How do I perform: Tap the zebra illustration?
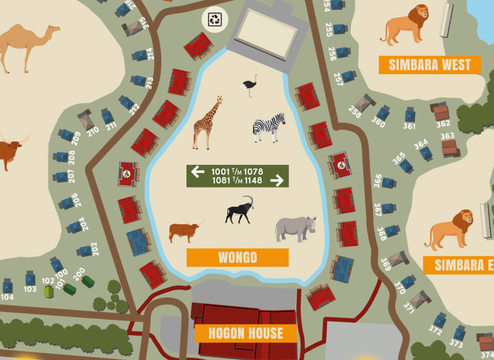coord(269,127)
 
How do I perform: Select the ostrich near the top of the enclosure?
coord(249,86)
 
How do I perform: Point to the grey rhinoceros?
coord(295,228)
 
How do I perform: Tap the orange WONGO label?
coord(237,257)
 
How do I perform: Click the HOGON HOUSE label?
coord(245,333)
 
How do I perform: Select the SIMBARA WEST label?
coord(430,65)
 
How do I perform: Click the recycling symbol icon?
coord(215,19)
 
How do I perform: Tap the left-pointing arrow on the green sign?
coord(198,171)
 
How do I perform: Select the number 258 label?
coord(354,112)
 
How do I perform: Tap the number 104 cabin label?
coord(7,297)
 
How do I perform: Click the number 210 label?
coord(93,130)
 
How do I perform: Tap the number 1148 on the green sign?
coord(253,180)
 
